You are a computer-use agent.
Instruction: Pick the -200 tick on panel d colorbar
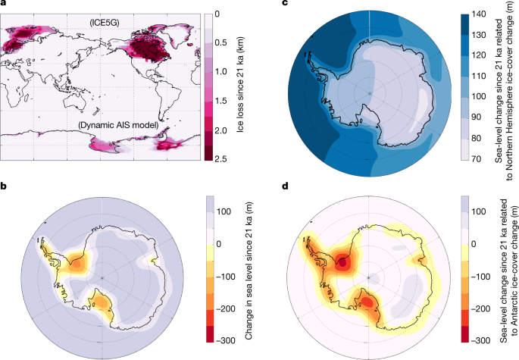[479, 310]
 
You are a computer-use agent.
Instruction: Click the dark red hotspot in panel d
[342, 262]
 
